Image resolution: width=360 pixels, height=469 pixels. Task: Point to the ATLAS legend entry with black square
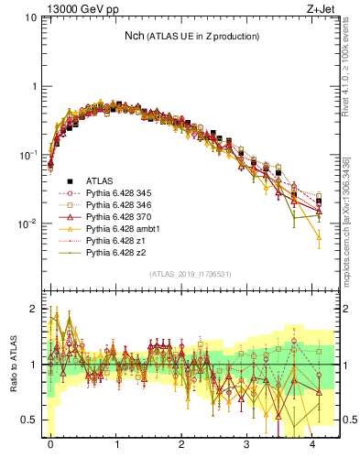[x=99, y=182]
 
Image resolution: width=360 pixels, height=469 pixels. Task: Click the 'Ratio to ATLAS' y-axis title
[x=12, y=365]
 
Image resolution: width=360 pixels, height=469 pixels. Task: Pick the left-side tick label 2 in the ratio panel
[x=33, y=309]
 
